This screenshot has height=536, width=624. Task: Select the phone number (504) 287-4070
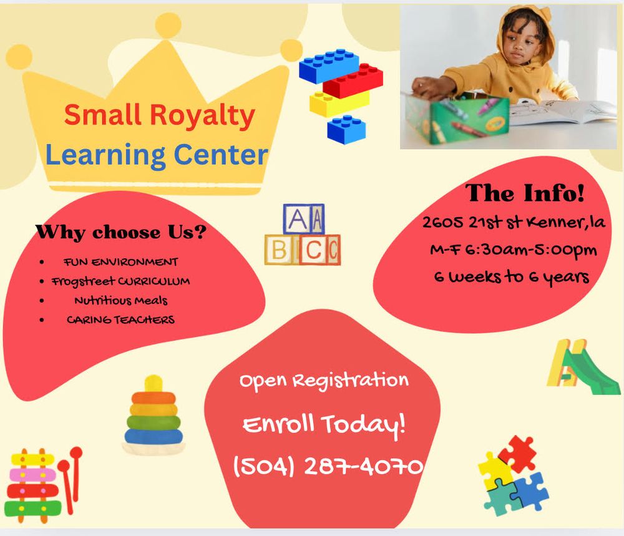click(x=328, y=465)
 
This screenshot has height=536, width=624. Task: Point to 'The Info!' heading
click(x=525, y=193)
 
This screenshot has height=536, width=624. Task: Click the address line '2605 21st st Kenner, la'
click(x=514, y=223)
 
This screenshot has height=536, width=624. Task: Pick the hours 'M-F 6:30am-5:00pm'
click(x=513, y=250)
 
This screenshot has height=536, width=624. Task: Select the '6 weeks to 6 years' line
click(x=512, y=276)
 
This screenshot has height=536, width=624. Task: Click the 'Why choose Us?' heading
click(x=121, y=233)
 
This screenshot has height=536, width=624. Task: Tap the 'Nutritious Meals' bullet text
click(x=120, y=300)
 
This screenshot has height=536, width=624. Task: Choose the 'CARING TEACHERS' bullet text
click(x=120, y=319)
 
